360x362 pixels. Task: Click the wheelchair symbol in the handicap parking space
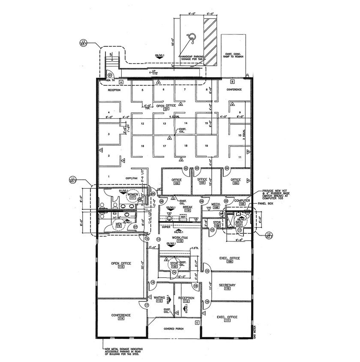(x=192, y=39)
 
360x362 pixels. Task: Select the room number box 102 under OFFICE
(x=176, y=183)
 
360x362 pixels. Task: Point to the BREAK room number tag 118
(x=187, y=210)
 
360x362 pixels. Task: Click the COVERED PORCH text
(x=174, y=329)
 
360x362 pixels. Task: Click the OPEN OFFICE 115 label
(x=120, y=265)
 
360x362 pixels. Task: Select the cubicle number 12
(x=142, y=123)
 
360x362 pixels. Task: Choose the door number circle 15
(x=207, y=271)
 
